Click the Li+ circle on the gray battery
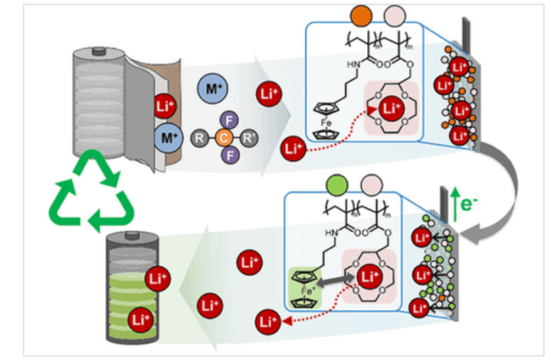coord(162,107)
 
